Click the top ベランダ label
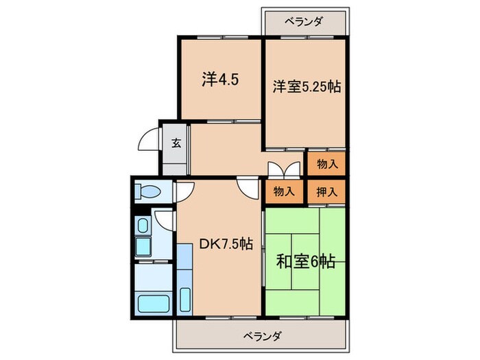303,21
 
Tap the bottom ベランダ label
261,336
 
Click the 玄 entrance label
176,143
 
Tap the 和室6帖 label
305,261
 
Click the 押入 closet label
326,191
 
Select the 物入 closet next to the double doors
283,191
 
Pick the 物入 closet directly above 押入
326,164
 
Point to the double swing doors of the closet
283,169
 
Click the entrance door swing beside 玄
149,141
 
